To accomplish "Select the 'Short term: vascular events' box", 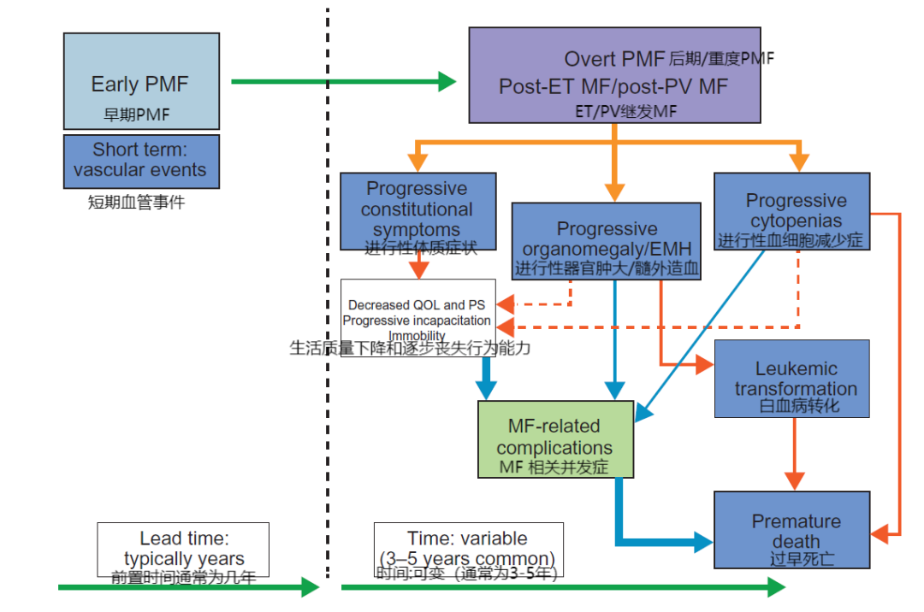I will click(141, 161).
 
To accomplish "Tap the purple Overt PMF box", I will click(615, 74).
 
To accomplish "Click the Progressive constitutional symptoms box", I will click(418, 211).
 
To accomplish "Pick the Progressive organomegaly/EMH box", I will click(607, 240).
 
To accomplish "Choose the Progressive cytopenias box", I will click(791, 211).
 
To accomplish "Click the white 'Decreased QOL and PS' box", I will click(418, 317).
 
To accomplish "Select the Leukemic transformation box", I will click(791, 379).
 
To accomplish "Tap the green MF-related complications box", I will click(555, 438).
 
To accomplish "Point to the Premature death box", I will click(791, 529).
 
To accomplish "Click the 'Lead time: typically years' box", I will click(183, 549).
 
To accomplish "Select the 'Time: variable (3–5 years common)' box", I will click(468, 549).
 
